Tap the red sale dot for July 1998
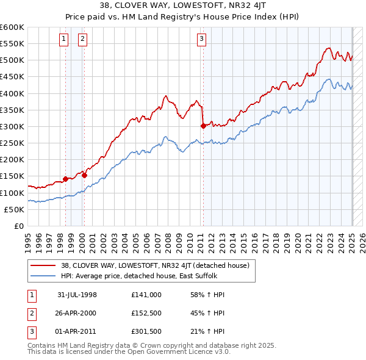click(65, 179)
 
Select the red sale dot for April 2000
click(84, 175)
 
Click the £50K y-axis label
click(14, 209)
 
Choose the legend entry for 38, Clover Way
click(155, 265)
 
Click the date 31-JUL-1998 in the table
click(77, 295)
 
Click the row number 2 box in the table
click(30, 312)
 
